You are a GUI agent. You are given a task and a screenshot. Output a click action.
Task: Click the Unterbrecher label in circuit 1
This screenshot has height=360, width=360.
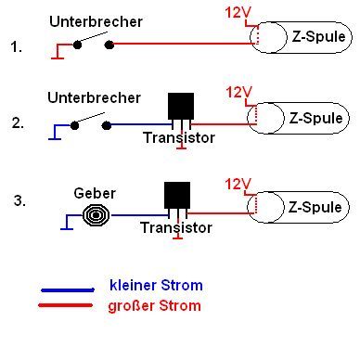[x=96, y=21]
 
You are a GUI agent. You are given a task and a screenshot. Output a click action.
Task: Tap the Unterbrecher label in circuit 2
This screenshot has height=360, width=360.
[x=94, y=97]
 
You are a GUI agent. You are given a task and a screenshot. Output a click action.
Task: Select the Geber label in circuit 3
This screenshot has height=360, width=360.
[x=95, y=193]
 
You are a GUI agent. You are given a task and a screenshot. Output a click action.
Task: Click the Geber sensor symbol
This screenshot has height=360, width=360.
[x=96, y=215]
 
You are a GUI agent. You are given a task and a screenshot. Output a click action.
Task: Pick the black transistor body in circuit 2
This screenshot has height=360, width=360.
[x=181, y=106]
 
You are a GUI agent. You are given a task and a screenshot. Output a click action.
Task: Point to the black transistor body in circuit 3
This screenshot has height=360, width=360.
[x=177, y=195]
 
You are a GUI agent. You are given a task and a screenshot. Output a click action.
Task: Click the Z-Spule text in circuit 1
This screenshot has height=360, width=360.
[x=318, y=36]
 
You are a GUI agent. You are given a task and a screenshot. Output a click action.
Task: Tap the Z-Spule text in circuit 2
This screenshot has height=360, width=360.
[x=315, y=118]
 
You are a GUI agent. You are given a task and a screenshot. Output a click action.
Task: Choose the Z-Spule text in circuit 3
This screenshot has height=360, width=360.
[x=315, y=207]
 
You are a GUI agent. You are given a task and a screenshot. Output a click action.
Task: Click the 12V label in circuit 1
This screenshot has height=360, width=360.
[x=238, y=13]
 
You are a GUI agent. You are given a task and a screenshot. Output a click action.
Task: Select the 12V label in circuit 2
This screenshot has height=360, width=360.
[x=238, y=92]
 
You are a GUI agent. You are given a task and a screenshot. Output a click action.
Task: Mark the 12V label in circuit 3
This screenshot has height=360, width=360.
[x=238, y=184]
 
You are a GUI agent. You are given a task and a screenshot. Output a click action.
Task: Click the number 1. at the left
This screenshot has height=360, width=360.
[x=17, y=47]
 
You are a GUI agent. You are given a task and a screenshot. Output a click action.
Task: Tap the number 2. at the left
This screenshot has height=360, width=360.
[x=18, y=123]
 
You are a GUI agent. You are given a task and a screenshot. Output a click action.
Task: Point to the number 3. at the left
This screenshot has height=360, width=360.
[x=19, y=200]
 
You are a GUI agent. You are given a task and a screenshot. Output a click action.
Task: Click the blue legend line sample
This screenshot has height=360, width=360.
[x=68, y=289]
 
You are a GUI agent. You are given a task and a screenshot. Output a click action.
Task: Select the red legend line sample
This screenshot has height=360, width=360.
[x=66, y=305]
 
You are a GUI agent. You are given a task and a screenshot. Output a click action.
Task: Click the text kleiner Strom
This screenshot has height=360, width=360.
[x=156, y=285]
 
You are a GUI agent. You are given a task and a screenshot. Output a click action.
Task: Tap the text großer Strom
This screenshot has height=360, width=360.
[x=154, y=306]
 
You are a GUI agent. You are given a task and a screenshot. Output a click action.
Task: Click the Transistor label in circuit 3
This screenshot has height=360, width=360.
[x=176, y=228]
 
